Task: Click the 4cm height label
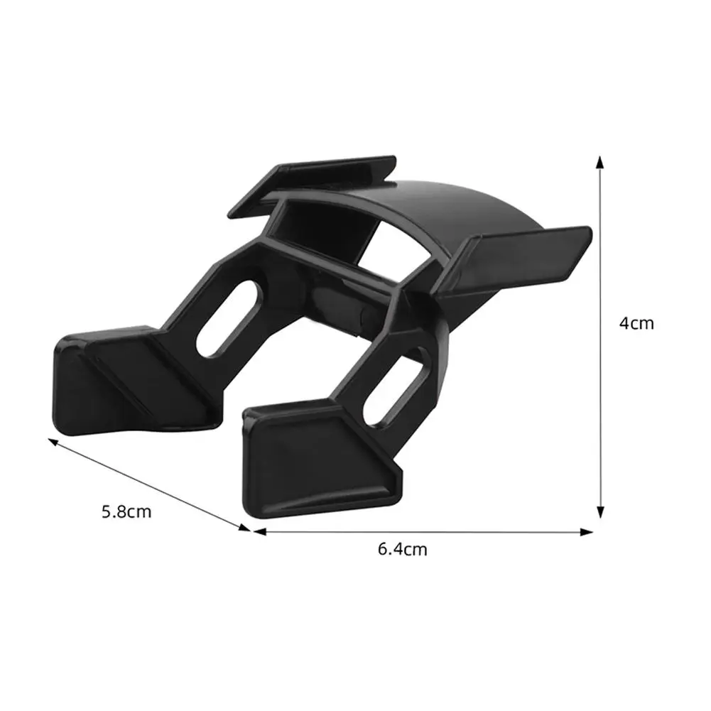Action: coord(636,324)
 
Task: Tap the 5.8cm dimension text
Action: coord(126,511)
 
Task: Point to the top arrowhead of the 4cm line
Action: coord(601,163)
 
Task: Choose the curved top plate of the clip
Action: coord(455,206)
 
